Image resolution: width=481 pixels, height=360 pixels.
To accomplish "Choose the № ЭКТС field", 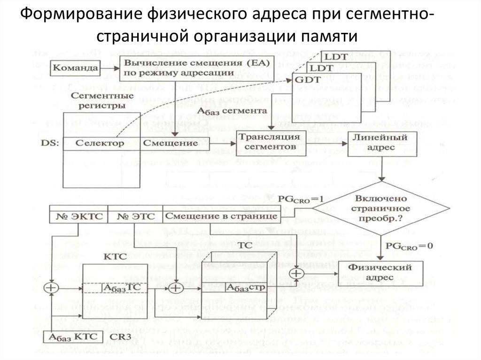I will pyautogui.click(x=78, y=216).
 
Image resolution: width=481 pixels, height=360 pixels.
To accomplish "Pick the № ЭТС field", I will pyautogui.click(x=135, y=216).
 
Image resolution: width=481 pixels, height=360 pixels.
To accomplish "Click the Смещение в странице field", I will pyautogui.click(x=220, y=216).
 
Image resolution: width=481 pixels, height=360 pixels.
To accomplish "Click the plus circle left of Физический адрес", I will pyautogui.click(x=296, y=274).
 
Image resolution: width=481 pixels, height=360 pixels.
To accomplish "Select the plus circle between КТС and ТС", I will pyautogui.click(x=175, y=287).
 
